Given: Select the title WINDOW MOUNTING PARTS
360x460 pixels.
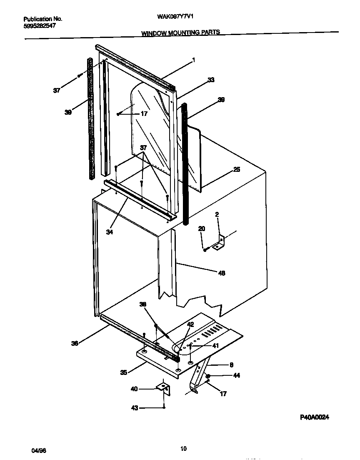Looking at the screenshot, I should tap(180, 32).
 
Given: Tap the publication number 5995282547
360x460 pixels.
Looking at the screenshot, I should tap(40, 25).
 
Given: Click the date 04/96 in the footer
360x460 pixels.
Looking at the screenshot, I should tap(37, 451).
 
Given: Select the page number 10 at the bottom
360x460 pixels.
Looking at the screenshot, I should tap(183, 449).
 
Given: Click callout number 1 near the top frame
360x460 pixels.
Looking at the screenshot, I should tap(193, 60).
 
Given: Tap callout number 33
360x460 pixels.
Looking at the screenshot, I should tap(211, 80).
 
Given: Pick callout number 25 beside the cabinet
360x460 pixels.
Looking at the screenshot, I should tap(236, 169).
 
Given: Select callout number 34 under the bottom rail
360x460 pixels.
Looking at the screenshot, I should tap(110, 232).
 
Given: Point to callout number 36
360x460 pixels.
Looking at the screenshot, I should tap(75, 343).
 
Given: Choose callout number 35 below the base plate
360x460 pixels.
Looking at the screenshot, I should tap(123, 372).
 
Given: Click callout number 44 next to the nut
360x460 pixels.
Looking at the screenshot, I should tap(236, 375).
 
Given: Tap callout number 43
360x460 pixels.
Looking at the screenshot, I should tap(134, 408).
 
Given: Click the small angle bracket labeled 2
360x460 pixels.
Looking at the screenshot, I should tap(219, 243).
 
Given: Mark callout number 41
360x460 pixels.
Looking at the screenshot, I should tap(215, 345).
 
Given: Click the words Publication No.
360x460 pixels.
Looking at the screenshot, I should tap(43, 19).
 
